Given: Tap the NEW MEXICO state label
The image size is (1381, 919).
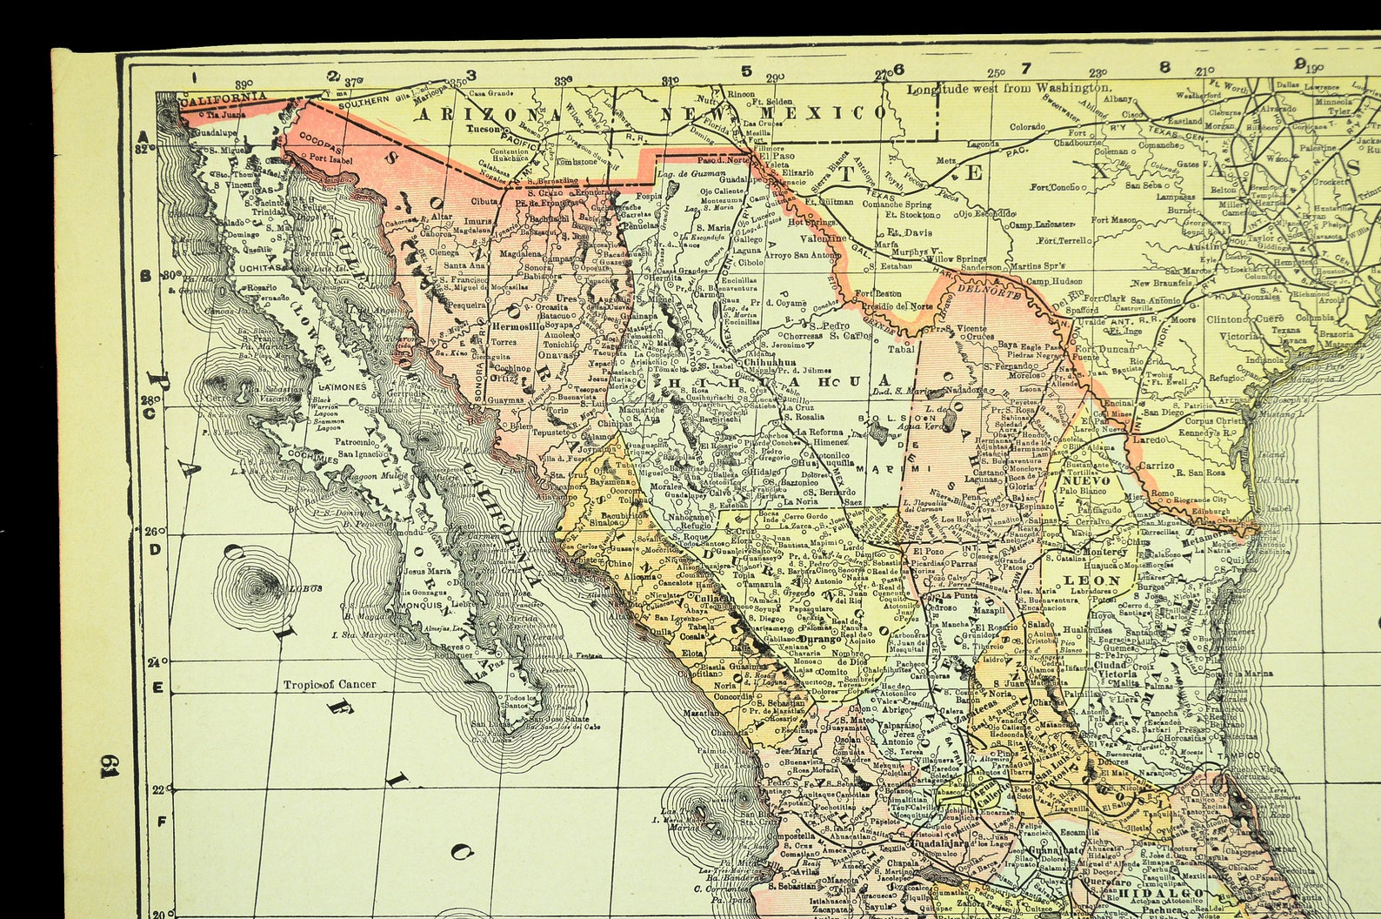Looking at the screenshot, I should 773,112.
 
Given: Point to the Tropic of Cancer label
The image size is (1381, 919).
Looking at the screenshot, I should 330,684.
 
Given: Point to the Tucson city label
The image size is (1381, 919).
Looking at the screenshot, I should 484,129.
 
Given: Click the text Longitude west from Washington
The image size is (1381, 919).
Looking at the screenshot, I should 1009,88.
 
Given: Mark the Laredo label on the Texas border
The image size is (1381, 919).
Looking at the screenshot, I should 1149,440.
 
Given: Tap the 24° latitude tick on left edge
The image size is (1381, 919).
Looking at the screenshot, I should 155,661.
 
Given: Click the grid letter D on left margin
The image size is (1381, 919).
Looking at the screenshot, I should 155,549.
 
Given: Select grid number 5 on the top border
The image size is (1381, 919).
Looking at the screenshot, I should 745,71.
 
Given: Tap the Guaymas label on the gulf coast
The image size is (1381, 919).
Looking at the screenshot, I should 507,401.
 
